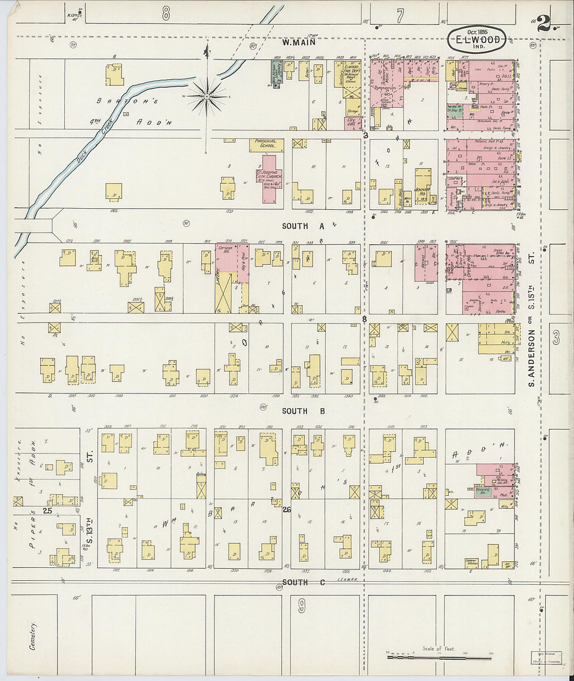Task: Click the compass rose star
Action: point(207,97)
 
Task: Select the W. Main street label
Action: point(294,43)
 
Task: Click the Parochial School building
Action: point(266,145)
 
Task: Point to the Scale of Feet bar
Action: point(438,656)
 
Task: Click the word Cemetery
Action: point(32,635)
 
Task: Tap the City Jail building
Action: point(353,122)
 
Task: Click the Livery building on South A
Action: point(224,286)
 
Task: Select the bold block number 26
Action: point(286,509)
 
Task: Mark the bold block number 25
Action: point(47,511)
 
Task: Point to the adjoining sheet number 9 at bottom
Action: point(302,605)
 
